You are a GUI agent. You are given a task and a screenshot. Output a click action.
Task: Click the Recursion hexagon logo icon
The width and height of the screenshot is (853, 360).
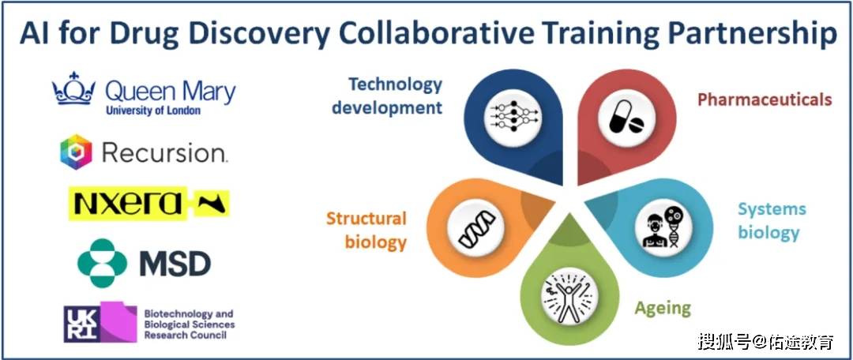(76, 152)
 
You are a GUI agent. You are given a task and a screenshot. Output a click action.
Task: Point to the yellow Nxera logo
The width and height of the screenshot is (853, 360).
(149, 204)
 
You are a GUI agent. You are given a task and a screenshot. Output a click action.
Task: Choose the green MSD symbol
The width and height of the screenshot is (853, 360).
(102, 263)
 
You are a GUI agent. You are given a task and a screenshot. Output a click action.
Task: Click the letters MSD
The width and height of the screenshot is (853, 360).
(175, 263)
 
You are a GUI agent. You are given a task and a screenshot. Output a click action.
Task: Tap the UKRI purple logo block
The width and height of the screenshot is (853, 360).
(100, 322)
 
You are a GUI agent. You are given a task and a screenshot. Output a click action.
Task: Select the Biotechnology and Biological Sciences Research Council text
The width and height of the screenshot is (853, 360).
(190, 324)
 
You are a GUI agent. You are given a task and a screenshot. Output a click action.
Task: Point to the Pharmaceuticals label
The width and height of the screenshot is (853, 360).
(765, 99)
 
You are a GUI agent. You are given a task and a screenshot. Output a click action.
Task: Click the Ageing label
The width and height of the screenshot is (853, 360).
(663, 308)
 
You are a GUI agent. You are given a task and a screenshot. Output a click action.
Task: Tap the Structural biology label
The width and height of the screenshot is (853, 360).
(366, 230)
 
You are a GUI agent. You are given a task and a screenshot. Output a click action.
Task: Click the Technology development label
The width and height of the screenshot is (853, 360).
(387, 96)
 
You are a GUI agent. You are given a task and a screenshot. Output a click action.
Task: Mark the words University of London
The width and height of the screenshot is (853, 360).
(153, 111)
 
